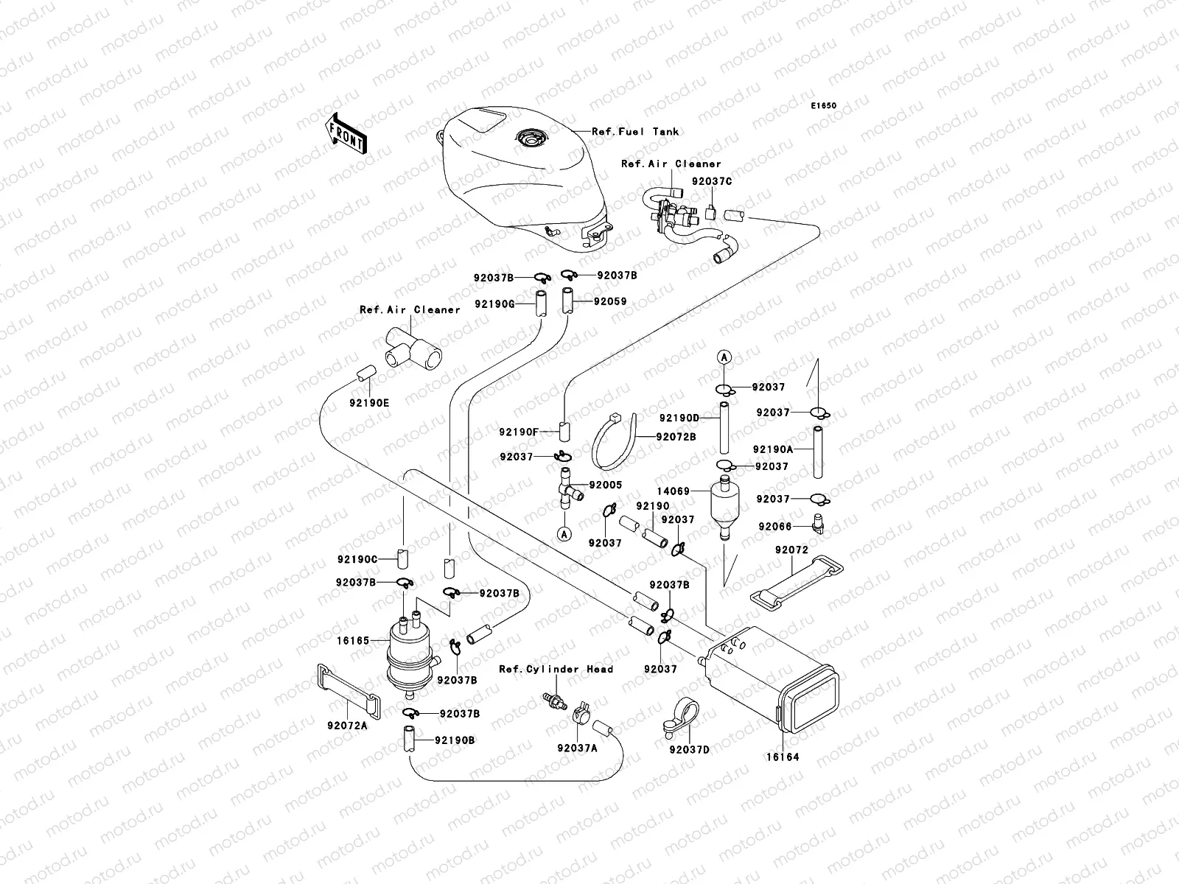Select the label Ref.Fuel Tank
635,132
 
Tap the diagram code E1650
824,106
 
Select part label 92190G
494,303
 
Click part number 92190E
369,403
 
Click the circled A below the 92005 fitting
564,534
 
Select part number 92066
774,527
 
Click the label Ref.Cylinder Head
556,669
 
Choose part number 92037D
689,750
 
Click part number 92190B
455,740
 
